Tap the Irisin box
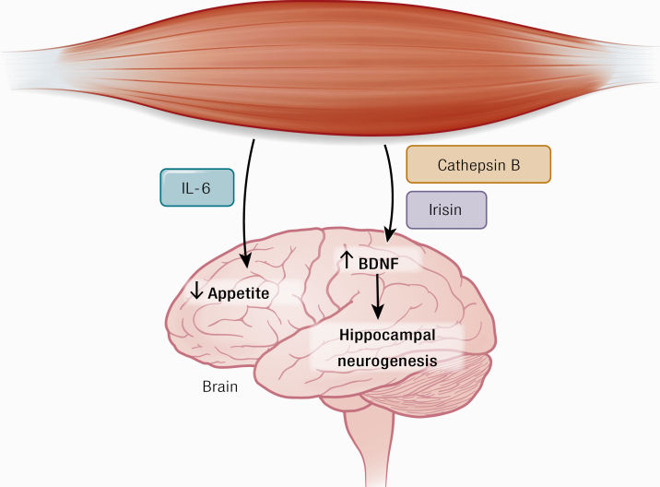point(446,209)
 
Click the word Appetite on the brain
point(238,293)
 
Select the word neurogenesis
point(387,362)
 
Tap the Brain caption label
point(220,387)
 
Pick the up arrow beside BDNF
point(347,261)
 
